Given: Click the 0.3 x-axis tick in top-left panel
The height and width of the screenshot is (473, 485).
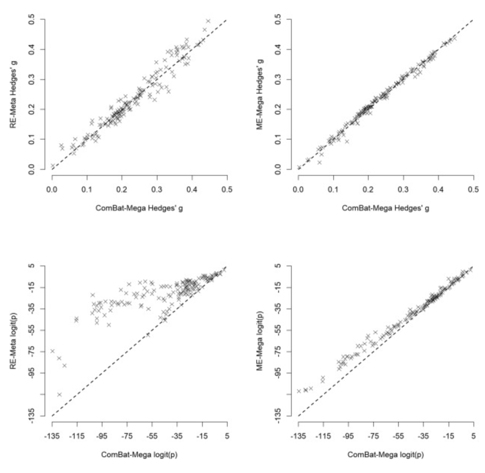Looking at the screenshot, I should click(157, 190).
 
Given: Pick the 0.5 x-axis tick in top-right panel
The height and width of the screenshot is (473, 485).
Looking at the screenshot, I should click(473, 190).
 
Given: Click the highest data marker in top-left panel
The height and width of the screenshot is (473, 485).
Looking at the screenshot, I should click(208, 21).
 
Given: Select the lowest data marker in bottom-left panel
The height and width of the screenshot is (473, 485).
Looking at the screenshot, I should click(59, 394).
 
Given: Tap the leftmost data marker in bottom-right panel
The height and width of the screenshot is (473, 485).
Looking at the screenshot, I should click(299, 391).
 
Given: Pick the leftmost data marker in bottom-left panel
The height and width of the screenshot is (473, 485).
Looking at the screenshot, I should click(52, 351).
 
